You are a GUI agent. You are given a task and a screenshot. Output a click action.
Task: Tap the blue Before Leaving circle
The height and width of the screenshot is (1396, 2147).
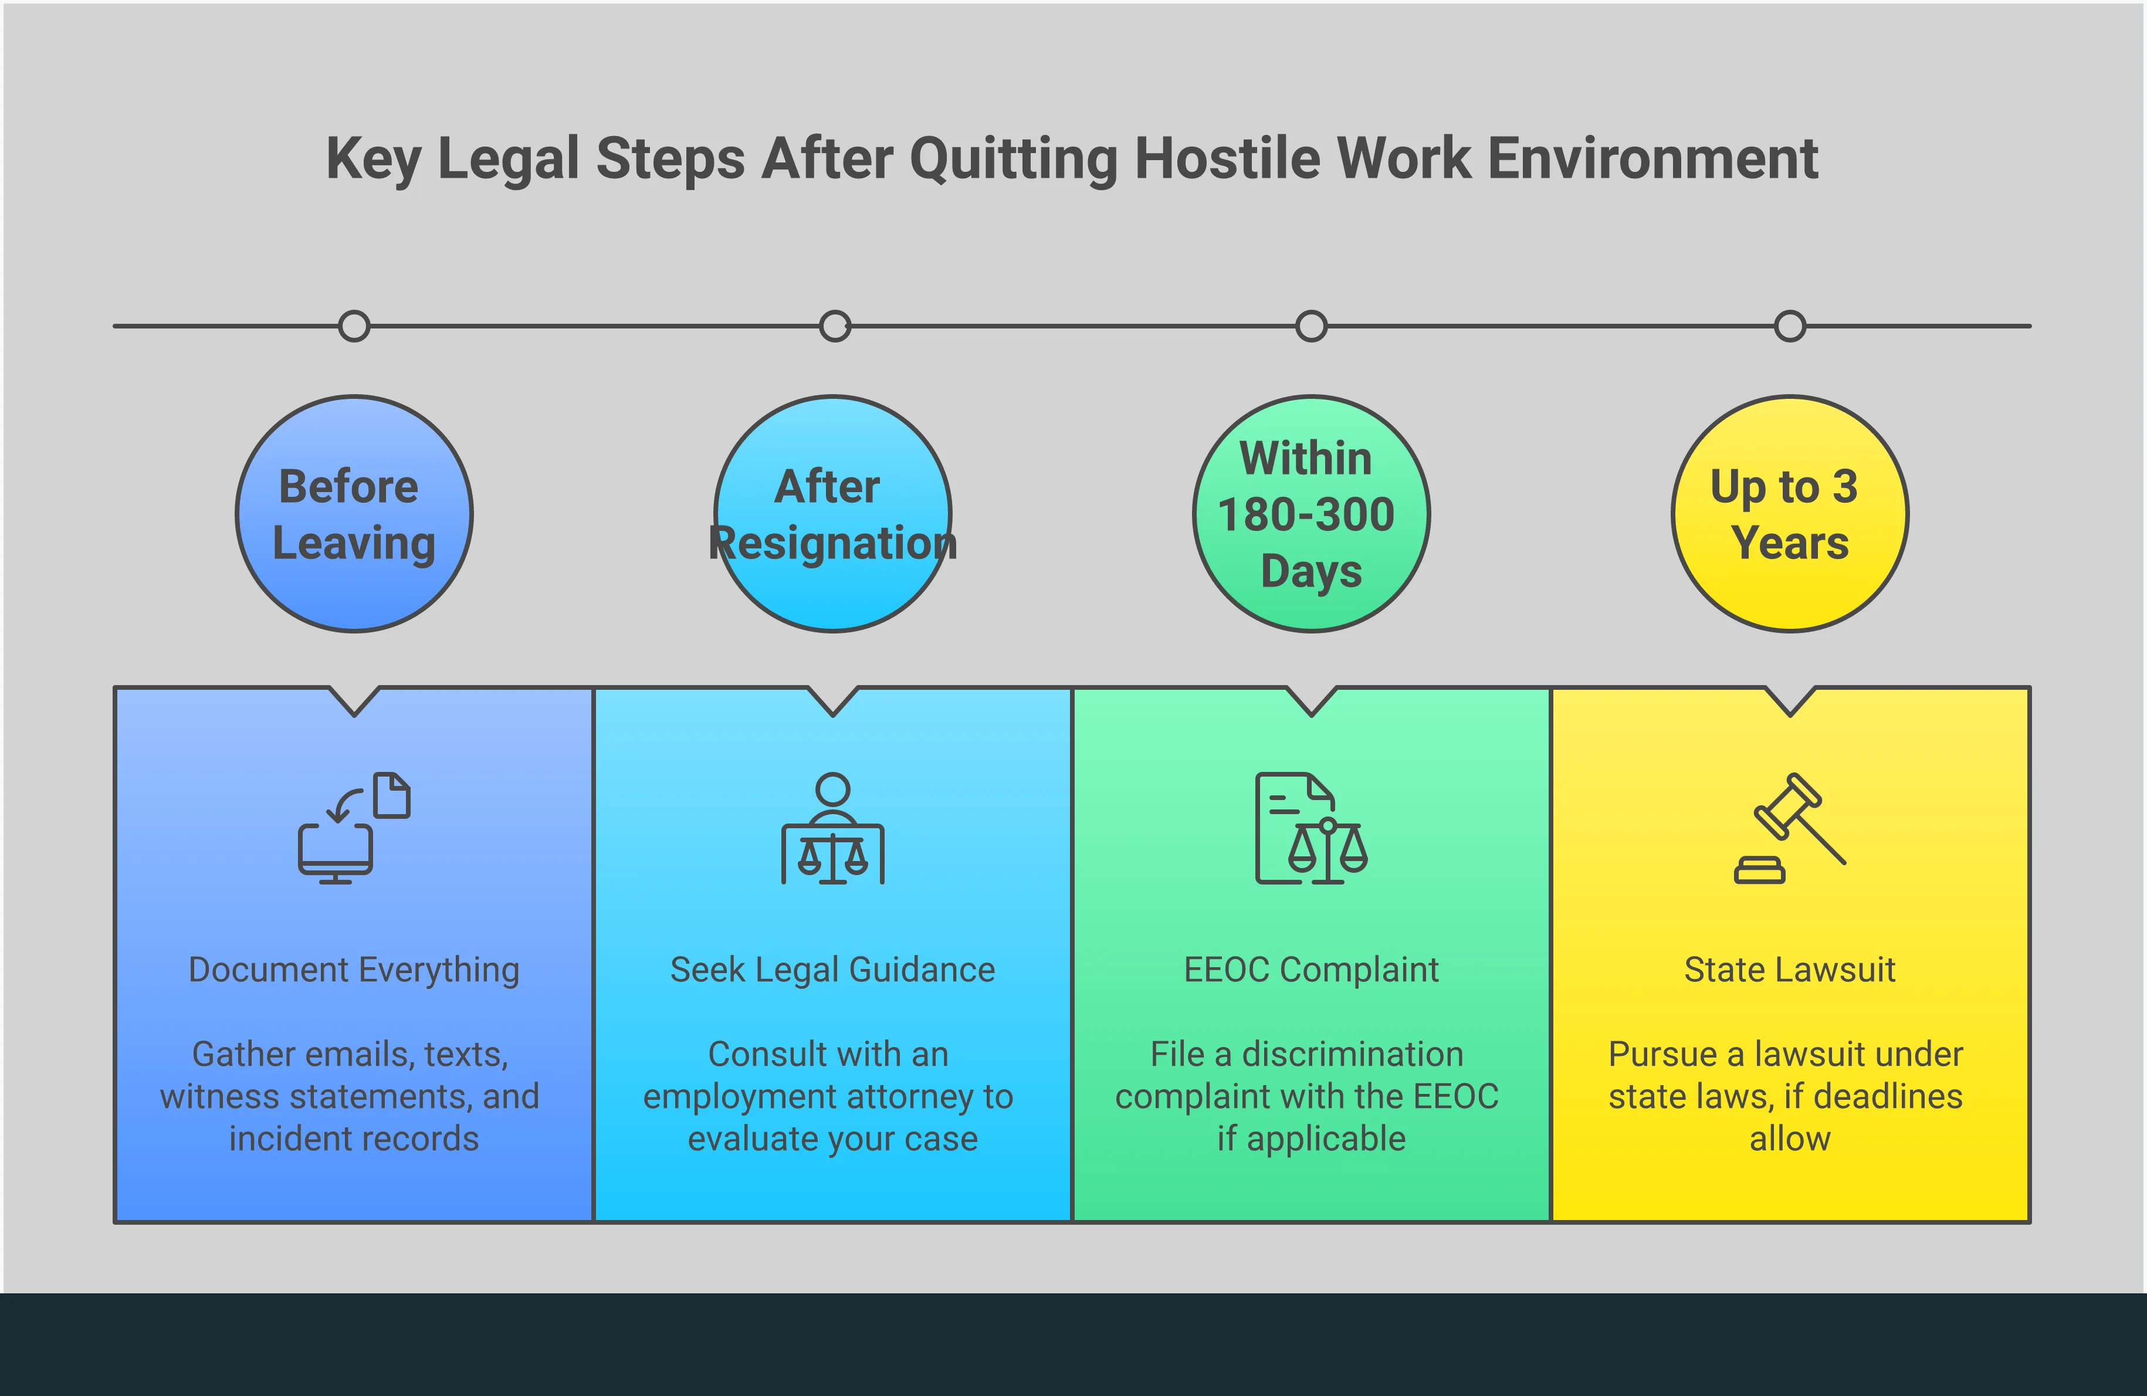pos(354,514)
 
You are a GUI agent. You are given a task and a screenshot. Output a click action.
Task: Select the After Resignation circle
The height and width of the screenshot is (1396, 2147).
pos(832,514)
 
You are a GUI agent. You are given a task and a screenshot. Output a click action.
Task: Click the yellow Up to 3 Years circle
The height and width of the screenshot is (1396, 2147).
pos(1790,514)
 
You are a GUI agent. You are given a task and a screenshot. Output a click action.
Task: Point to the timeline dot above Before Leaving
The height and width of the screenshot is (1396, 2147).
pos(354,327)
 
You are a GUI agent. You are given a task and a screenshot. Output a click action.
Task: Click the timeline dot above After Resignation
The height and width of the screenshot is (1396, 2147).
pos(834,327)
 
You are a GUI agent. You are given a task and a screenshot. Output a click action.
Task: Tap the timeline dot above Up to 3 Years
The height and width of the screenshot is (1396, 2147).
pos(1790,327)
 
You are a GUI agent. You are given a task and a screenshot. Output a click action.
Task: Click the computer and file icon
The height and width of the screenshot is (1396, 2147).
pos(354,828)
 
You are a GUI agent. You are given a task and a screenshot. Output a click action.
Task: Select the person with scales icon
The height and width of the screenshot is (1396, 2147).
pos(832,828)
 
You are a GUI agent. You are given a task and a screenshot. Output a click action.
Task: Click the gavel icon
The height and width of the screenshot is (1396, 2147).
pos(1790,828)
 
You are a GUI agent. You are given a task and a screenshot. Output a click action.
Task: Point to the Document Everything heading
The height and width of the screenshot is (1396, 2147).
pos(354,970)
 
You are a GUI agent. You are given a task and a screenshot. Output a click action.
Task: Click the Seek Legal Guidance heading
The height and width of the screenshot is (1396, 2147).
pos(832,970)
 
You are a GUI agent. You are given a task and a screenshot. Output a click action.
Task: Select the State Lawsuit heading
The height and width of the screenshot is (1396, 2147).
pos(1790,970)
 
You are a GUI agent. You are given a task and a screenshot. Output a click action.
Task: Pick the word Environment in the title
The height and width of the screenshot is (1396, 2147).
pos(1652,159)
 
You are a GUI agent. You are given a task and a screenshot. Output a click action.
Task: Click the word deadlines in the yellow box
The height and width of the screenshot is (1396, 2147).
pos(1888,1097)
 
